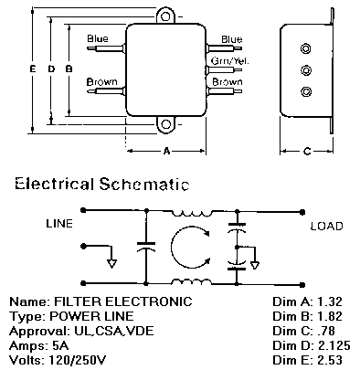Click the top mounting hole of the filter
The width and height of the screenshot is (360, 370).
coord(165,16)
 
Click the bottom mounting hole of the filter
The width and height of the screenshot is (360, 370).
coord(166,124)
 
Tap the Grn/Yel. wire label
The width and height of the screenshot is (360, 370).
coord(229,61)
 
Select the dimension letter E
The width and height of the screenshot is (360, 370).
coord(32,69)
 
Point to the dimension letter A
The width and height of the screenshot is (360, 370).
coord(166,151)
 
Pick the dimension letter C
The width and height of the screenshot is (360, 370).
coord(307,151)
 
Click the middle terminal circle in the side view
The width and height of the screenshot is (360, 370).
coord(306,70)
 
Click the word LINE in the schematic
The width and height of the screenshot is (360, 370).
coord(59,224)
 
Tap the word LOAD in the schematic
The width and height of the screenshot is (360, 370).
coord(326,226)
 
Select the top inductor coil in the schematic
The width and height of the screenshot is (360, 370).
coord(191,213)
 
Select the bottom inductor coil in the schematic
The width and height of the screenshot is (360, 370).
coord(191,281)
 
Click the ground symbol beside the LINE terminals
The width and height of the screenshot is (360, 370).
coord(111,262)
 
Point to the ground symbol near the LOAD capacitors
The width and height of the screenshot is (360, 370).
coord(255,265)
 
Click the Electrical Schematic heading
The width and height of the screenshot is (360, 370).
coord(102,184)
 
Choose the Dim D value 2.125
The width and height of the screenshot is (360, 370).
coord(334,345)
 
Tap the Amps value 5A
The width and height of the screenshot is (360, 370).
coord(60,345)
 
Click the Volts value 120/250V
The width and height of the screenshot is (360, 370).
coord(78,360)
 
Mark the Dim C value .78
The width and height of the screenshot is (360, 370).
coord(326,331)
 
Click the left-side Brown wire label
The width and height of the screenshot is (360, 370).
coord(101,82)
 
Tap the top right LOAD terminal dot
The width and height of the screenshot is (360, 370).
coord(302,212)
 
